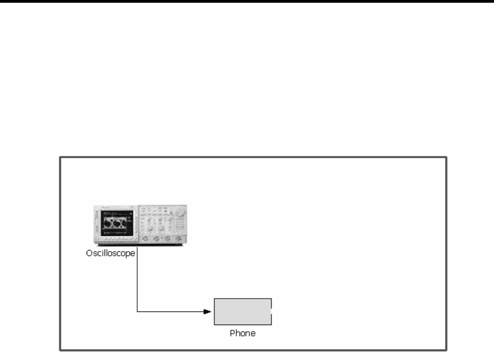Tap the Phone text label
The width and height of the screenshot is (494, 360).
[243, 333]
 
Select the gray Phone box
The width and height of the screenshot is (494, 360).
[243, 312]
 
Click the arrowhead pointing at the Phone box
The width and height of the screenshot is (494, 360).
[207, 312]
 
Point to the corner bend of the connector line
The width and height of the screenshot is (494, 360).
[137, 312]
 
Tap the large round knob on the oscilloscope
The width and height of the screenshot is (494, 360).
[179, 212]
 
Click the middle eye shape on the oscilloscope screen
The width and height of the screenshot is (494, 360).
[114, 223]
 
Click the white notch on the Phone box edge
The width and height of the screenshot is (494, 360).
[272, 312]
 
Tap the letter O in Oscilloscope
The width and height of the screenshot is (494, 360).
[89, 253]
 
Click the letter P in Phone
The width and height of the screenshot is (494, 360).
[232, 333]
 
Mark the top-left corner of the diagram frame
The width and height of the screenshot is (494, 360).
[60, 157]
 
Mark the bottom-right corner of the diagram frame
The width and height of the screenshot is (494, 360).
[446, 351]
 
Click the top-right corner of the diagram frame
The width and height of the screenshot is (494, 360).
[446, 157]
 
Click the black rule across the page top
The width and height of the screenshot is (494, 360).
[247, 2]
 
